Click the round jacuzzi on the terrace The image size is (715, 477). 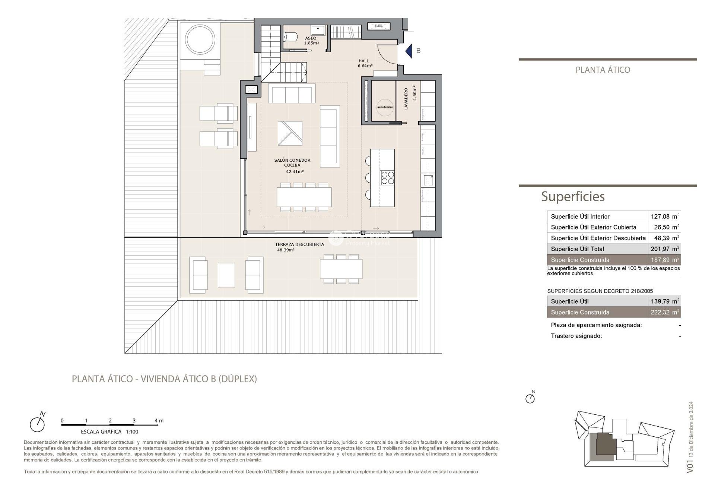pyautogui.click(x=200, y=39)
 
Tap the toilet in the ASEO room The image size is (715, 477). pyautogui.click(x=290, y=37)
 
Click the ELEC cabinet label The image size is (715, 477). pyautogui.click(x=378, y=26)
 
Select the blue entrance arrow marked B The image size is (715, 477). pyautogui.click(x=409, y=51)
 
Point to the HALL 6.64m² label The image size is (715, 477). pyautogui.click(x=365, y=63)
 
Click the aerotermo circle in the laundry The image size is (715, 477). pyautogui.click(x=385, y=107)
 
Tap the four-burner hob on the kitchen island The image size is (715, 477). pyautogui.click(x=387, y=178)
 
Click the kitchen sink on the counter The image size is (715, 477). pyautogui.click(x=428, y=180)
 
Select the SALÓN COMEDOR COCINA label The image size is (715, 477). pyautogui.click(x=292, y=163)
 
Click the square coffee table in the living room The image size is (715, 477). pyautogui.click(x=290, y=133)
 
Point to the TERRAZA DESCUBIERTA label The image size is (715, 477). pyautogui.click(x=299, y=244)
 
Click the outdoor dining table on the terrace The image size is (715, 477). pyautogui.click(x=341, y=269)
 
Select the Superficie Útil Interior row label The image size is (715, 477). pyautogui.click(x=580, y=217)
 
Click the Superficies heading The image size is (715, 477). pyautogui.click(x=572, y=196)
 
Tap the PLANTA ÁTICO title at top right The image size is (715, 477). pyautogui.click(x=603, y=70)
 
